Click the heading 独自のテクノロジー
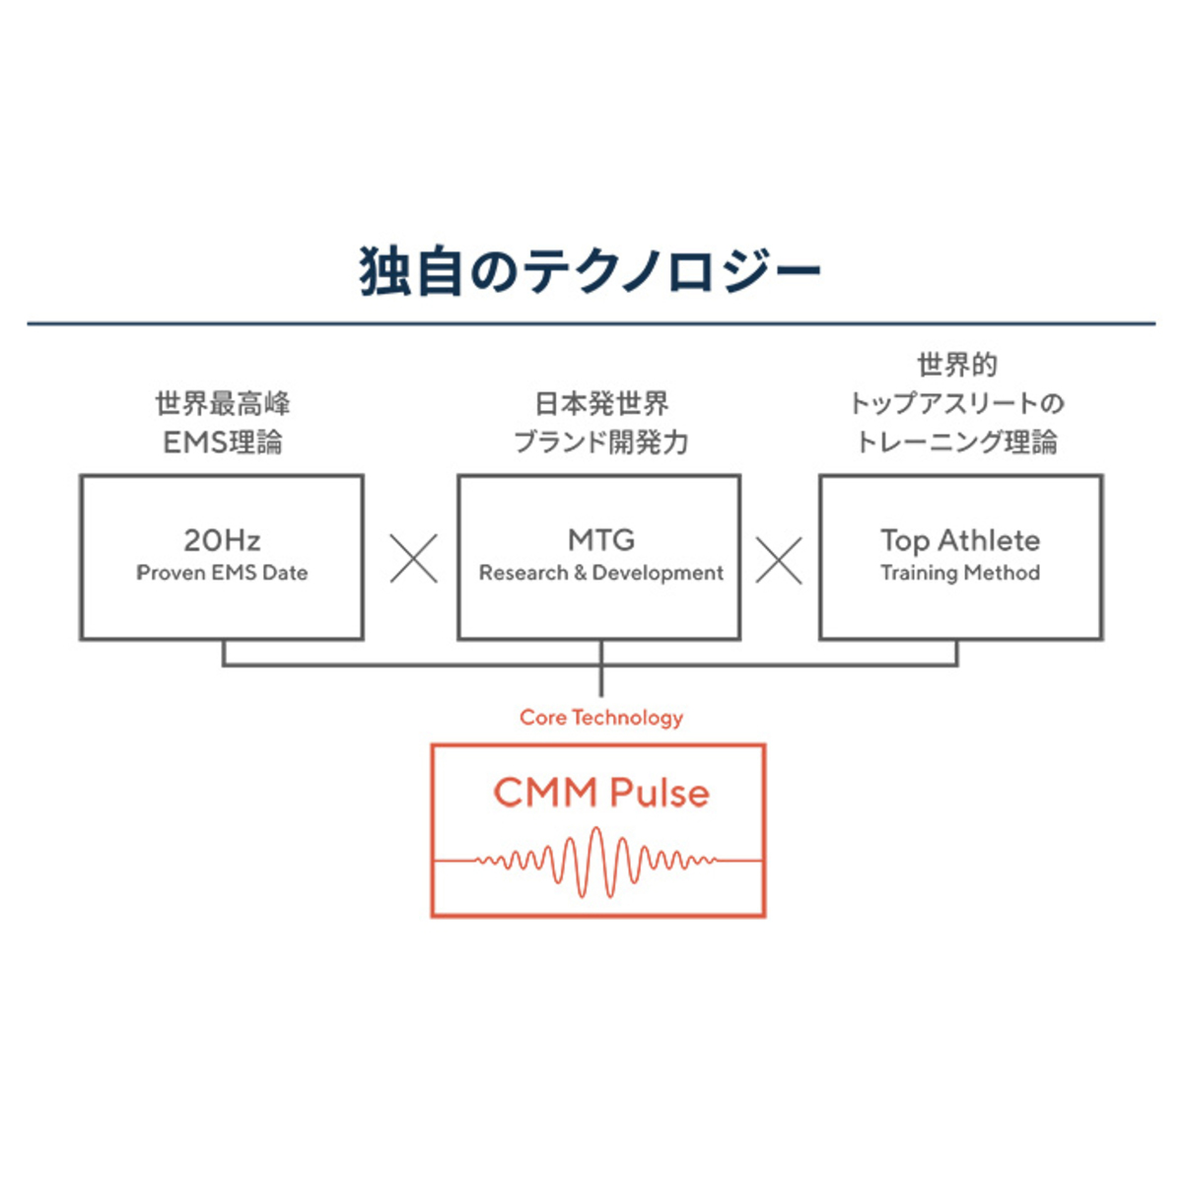pyautogui.click(x=590, y=271)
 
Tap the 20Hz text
pyautogui.click(x=222, y=540)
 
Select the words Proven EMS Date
pyautogui.click(x=222, y=573)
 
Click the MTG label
pyautogui.click(x=600, y=540)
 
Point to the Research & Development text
pyautogui.click(x=600, y=573)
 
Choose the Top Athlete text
pyautogui.click(x=960, y=540)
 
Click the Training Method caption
pyautogui.click(x=960, y=573)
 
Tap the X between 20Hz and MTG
pyautogui.click(x=413, y=559)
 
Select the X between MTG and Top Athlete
pyautogui.click(x=779, y=559)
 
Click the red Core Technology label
pyautogui.click(x=600, y=718)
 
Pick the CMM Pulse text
pyautogui.click(x=600, y=793)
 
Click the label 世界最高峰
pyautogui.click(x=222, y=404)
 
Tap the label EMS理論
pyautogui.click(x=222, y=443)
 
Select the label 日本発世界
pyautogui.click(x=600, y=404)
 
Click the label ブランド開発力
pyautogui.click(x=600, y=443)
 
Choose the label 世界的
pyautogui.click(x=956, y=366)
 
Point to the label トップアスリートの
pyautogui.click(x=956, y=404)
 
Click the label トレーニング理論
pyautogui.click(x=956, y=443)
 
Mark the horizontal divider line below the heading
pyautogui.click(x=591, y=323)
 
